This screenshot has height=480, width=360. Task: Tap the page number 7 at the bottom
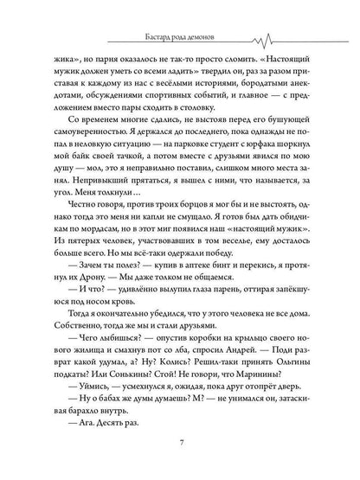[x=179, y=445]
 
